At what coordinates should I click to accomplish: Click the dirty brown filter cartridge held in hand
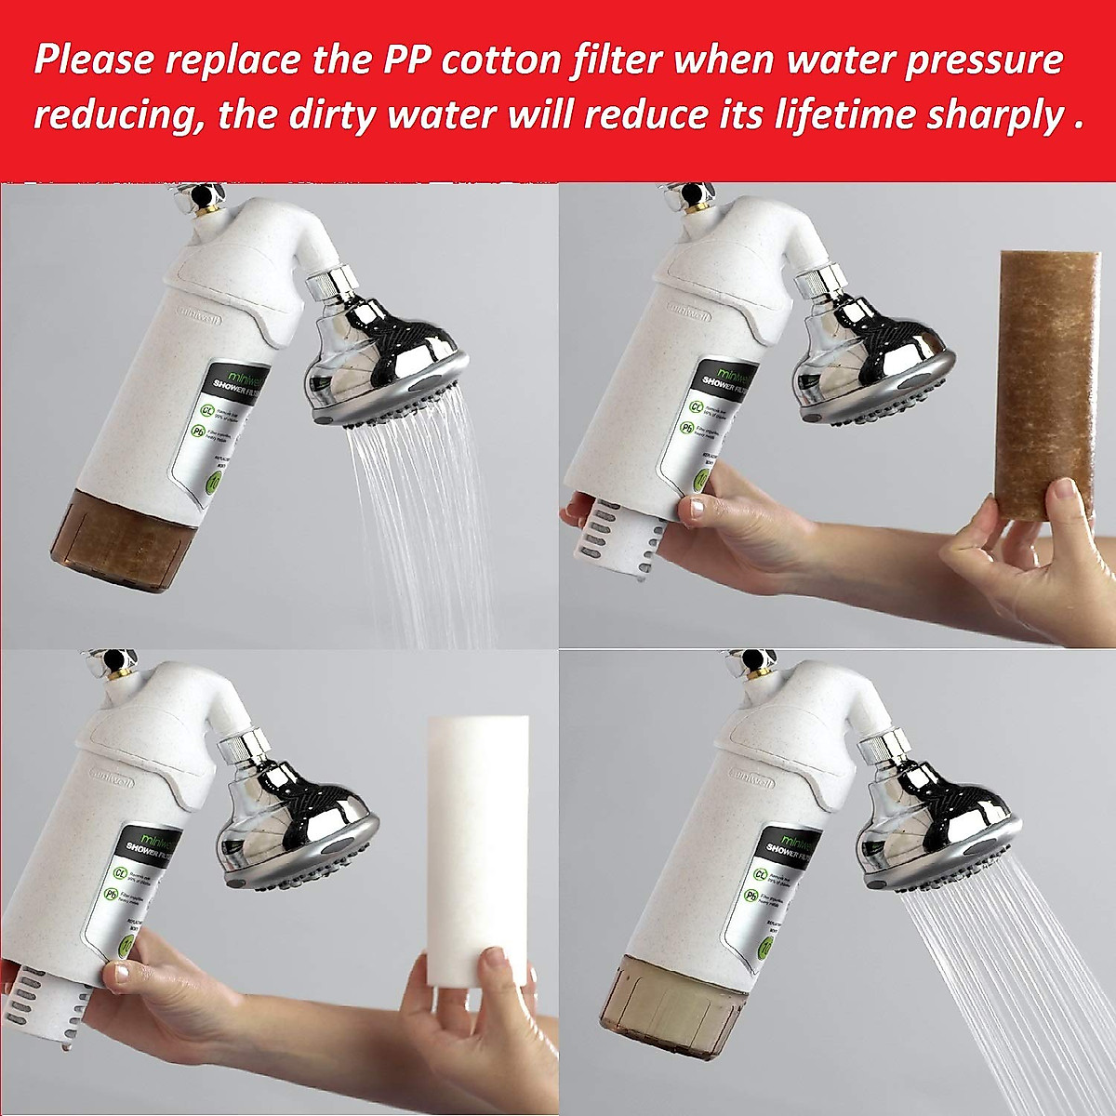(x=1043, y=372)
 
